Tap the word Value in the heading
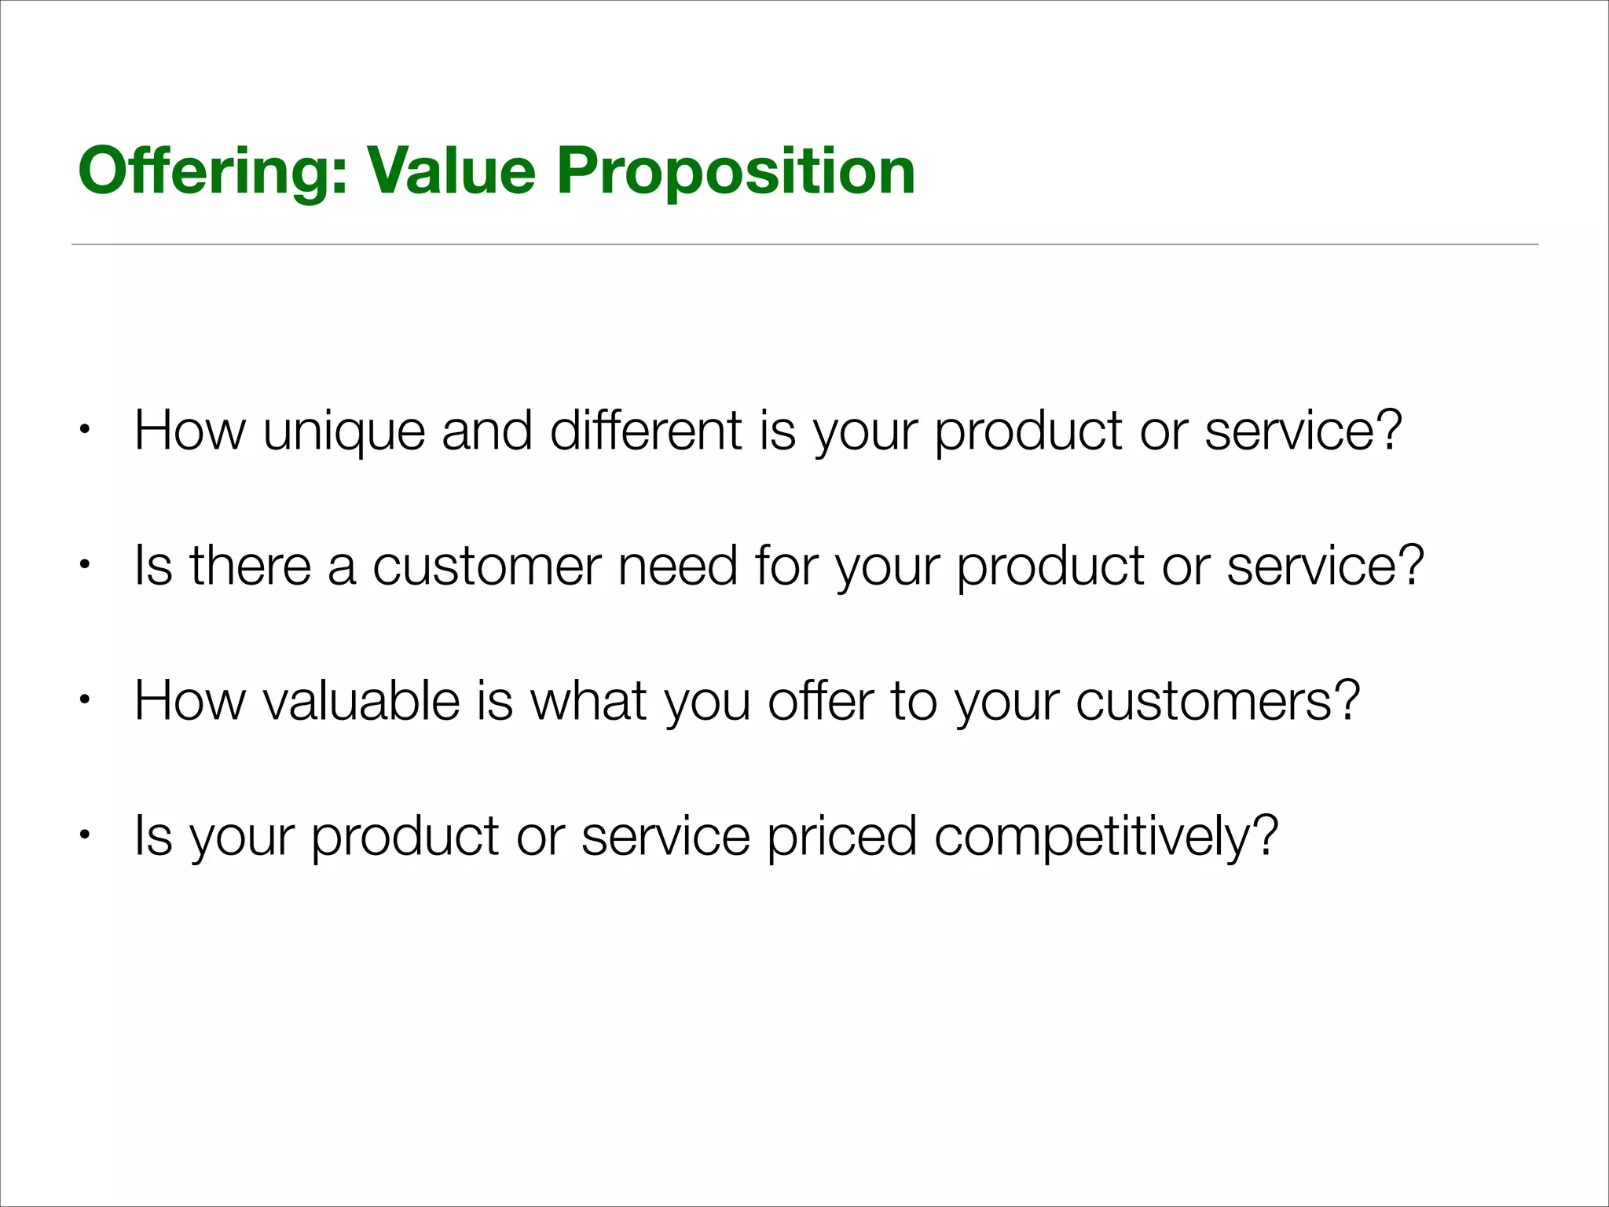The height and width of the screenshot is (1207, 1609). coord(452,171)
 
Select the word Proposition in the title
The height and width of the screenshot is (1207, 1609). coord(736,171)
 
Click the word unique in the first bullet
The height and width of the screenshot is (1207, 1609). coord(343,431)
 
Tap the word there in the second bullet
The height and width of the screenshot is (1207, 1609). coord(251,566)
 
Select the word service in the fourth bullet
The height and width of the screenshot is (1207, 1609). coord(665,836)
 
